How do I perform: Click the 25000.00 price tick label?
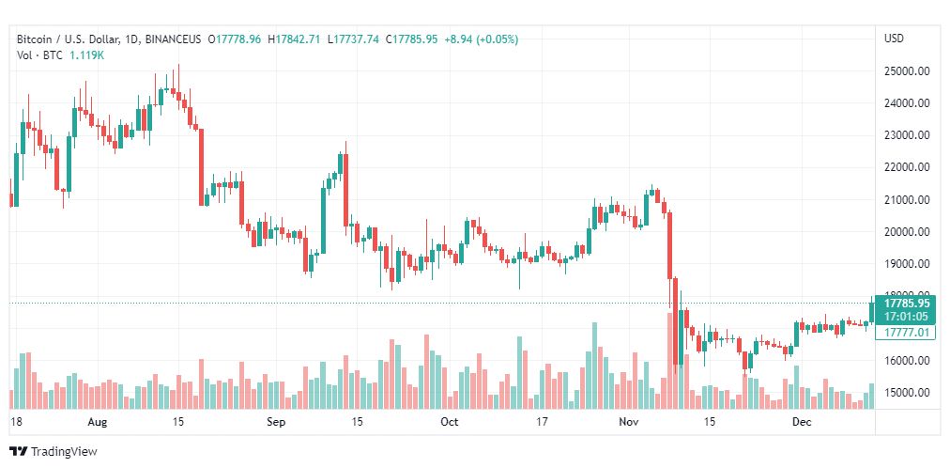tap(907, 70)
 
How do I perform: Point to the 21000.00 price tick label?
tap(907, 199)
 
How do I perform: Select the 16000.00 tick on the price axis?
tap(907, 361)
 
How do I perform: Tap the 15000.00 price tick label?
tap(907, 393)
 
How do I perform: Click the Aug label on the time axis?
tap(97, 422)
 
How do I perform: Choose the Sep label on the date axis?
tap(275, 422)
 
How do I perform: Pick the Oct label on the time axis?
tap(450, 422)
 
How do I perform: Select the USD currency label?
tap(894, 39)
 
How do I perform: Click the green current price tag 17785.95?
tap(906, 304)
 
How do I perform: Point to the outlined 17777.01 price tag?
tap(906, 332)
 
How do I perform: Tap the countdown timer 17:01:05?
tap(906, 317)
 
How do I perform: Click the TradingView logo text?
tap(63, 452)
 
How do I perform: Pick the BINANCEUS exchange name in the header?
tap(169, 39)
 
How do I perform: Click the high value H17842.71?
tap(294, 39)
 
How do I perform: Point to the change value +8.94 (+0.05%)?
tap(480, 39)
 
